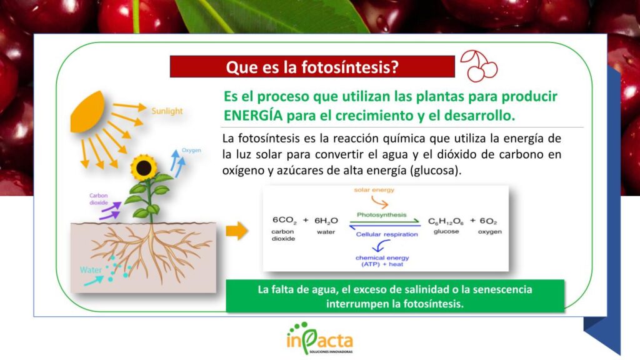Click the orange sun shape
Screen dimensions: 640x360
point(87,112)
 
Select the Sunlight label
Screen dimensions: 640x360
point(167,111)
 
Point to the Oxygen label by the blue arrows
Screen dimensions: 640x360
point(191,150)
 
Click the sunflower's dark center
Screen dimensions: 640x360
point(144,167)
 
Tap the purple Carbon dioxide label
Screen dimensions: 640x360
point(99,199)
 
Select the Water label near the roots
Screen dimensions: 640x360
point(91,270)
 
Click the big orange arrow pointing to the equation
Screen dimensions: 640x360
point(237,231)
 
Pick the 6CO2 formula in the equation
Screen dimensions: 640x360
point(284,221)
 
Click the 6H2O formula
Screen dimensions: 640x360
point(326,221)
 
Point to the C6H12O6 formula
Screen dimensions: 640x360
point(446,222)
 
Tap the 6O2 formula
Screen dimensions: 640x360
point(488,221)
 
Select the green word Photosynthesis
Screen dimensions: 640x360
point(382,215)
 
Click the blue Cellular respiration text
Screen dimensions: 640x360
point(387,234)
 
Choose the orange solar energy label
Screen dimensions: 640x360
point(374,190)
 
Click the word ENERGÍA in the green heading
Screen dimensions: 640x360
point(253,116)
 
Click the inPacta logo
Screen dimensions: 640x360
point(319,338)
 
